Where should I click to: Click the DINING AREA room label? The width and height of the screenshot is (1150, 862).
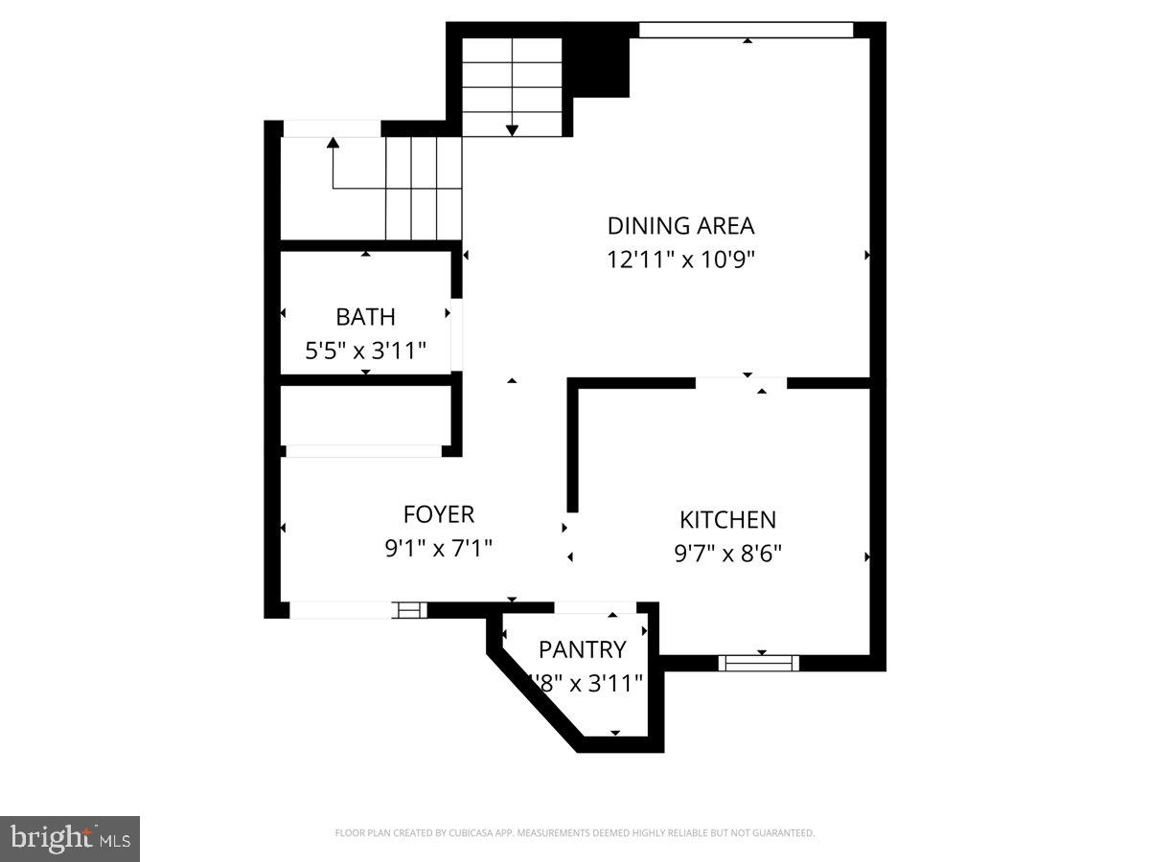[x=680, y=226]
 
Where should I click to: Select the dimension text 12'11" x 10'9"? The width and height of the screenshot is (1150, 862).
[x=680, y=260]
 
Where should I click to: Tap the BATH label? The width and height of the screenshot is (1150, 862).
[x=365, y=317]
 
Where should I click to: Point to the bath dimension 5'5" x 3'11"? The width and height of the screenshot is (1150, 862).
[x=365, y=351]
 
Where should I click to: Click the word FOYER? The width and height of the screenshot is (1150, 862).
[x=438, y=514]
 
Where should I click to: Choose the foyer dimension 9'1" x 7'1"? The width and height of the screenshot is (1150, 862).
[x=438, y=548]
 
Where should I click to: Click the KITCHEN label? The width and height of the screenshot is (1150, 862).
[x=727, y=520]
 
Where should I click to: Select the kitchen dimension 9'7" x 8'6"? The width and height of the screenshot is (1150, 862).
[x=727, y=554]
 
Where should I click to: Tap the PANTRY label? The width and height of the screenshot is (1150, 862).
[x=582, y=649]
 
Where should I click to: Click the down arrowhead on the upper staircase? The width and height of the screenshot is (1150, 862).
[x=512, y=129]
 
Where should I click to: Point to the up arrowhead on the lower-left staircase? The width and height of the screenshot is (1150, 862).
[x=333, y=143]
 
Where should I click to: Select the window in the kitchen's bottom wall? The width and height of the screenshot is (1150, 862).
[x=758, y=663]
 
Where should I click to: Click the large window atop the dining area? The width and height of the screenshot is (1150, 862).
[x=746, y=31]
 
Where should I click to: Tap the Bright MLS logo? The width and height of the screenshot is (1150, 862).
[x=70, y=839]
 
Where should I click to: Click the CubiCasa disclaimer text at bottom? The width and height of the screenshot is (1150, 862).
[x=575, y=833]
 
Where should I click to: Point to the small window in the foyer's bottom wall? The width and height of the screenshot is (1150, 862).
[x=409, y=609]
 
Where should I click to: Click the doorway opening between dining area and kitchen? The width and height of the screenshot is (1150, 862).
[x=741, y=383]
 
